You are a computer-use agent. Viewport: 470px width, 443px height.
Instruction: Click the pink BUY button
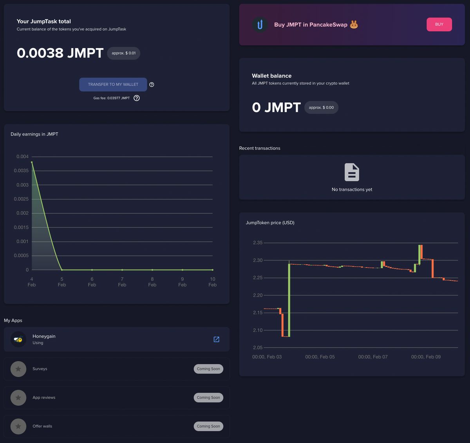tap(439, 24)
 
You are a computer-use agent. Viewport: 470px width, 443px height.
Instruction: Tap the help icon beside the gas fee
tap(137, 98)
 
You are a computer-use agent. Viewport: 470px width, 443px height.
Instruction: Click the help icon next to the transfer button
tap(152, 85)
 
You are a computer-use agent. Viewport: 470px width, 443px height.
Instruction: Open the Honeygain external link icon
tap(216, 339)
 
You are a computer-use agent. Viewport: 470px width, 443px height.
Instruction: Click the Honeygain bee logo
tap(18, 339)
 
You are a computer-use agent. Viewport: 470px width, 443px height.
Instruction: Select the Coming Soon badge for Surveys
tap(208, 369)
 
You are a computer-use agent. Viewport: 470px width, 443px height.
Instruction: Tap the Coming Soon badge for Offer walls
tap(208, 426)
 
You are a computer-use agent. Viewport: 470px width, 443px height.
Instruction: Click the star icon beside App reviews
tap(18, 398)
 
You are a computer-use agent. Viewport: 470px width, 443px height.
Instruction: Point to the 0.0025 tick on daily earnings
tap(21, 199)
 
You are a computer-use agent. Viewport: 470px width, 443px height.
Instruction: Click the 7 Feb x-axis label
tap(122, 282)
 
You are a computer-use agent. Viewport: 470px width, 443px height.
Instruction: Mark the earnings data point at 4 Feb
tap(32, 162)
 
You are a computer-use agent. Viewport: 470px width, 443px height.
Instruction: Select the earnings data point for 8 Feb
tap(152, 270)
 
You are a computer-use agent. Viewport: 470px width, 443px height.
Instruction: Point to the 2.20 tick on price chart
tap(258, 295)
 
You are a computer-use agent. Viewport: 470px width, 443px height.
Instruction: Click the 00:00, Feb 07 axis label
tap(373, 357)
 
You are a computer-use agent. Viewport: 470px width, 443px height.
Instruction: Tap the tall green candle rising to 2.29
tap(289, 300)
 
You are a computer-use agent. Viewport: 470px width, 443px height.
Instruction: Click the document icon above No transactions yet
tap(352, 172)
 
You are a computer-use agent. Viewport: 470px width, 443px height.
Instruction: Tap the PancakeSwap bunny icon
tap(354, 25)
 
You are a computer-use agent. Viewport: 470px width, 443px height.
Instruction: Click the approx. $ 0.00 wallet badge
tap(321, 107)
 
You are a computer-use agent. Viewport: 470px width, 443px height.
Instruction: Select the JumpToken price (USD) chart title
tap(270, 222)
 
